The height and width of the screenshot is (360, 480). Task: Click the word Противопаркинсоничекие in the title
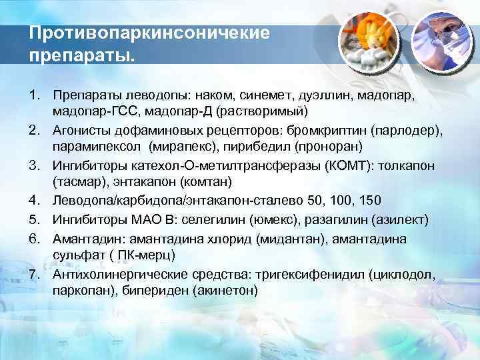(149, 33)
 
